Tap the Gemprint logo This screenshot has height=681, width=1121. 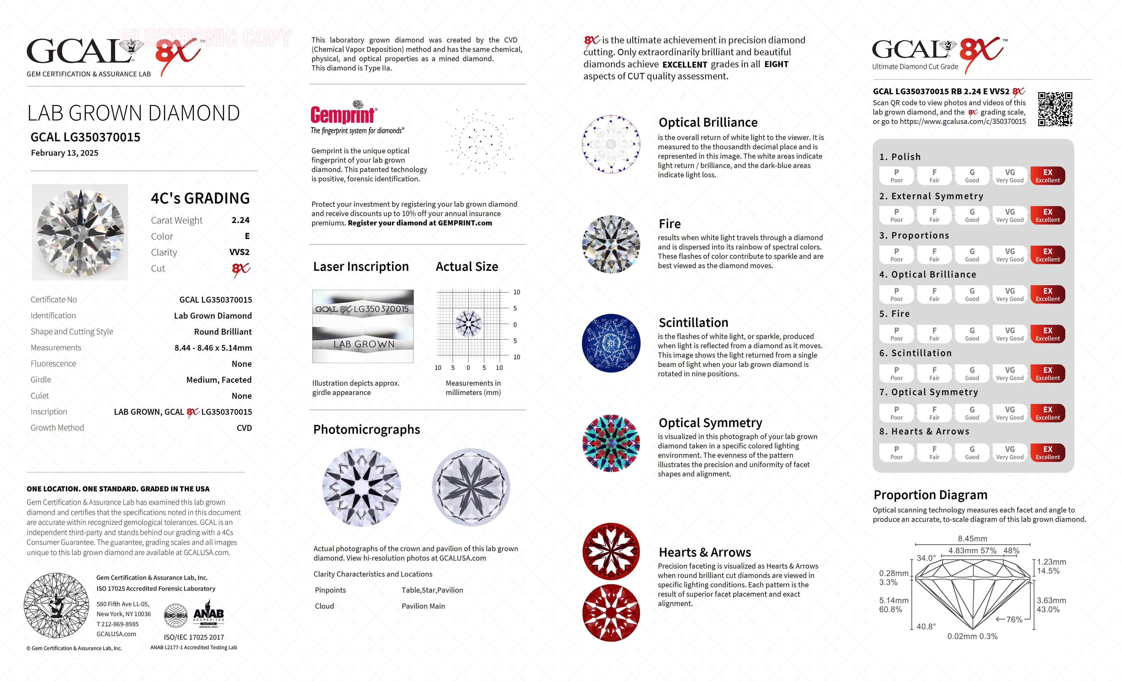pos(344,114)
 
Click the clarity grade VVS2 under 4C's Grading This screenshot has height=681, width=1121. pos(239,252)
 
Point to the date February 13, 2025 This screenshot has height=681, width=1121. pos(65,153)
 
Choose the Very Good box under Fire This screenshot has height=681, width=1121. pos(1009,334)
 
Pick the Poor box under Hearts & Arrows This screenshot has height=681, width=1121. pos(896,452)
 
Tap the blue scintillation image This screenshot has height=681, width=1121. pos(611,343)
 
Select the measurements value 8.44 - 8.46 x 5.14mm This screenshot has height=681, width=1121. pos(213,348)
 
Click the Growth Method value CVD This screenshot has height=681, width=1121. pos(244,428)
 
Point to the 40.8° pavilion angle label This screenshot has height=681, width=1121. pos(926,626)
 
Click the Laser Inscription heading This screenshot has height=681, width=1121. pos(361,267)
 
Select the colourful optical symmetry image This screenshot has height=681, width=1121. pos(611,443)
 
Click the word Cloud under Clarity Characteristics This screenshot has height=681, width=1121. pos(324,606)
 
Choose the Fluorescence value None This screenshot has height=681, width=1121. pos(242,364)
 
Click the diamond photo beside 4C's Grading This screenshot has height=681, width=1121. pos(80,232)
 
